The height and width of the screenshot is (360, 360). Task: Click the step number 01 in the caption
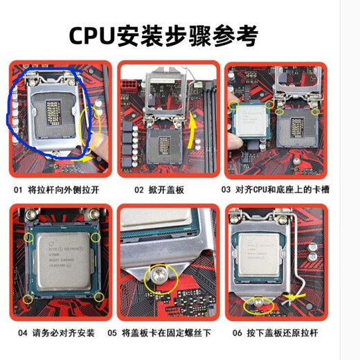coord(16,188)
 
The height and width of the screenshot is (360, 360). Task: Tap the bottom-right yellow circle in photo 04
coord(99,297)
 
